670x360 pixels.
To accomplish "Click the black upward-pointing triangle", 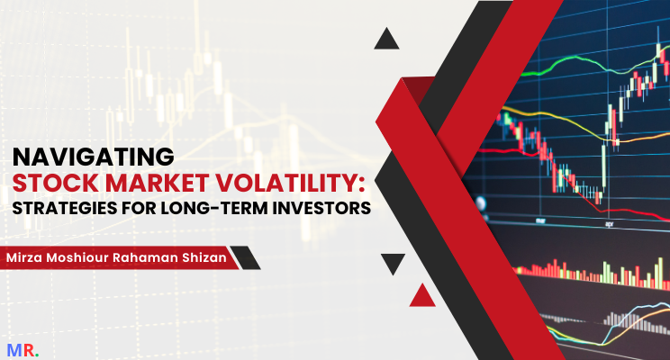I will [x=387, y=38].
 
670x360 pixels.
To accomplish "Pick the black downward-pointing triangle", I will [x=392, y=264].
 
